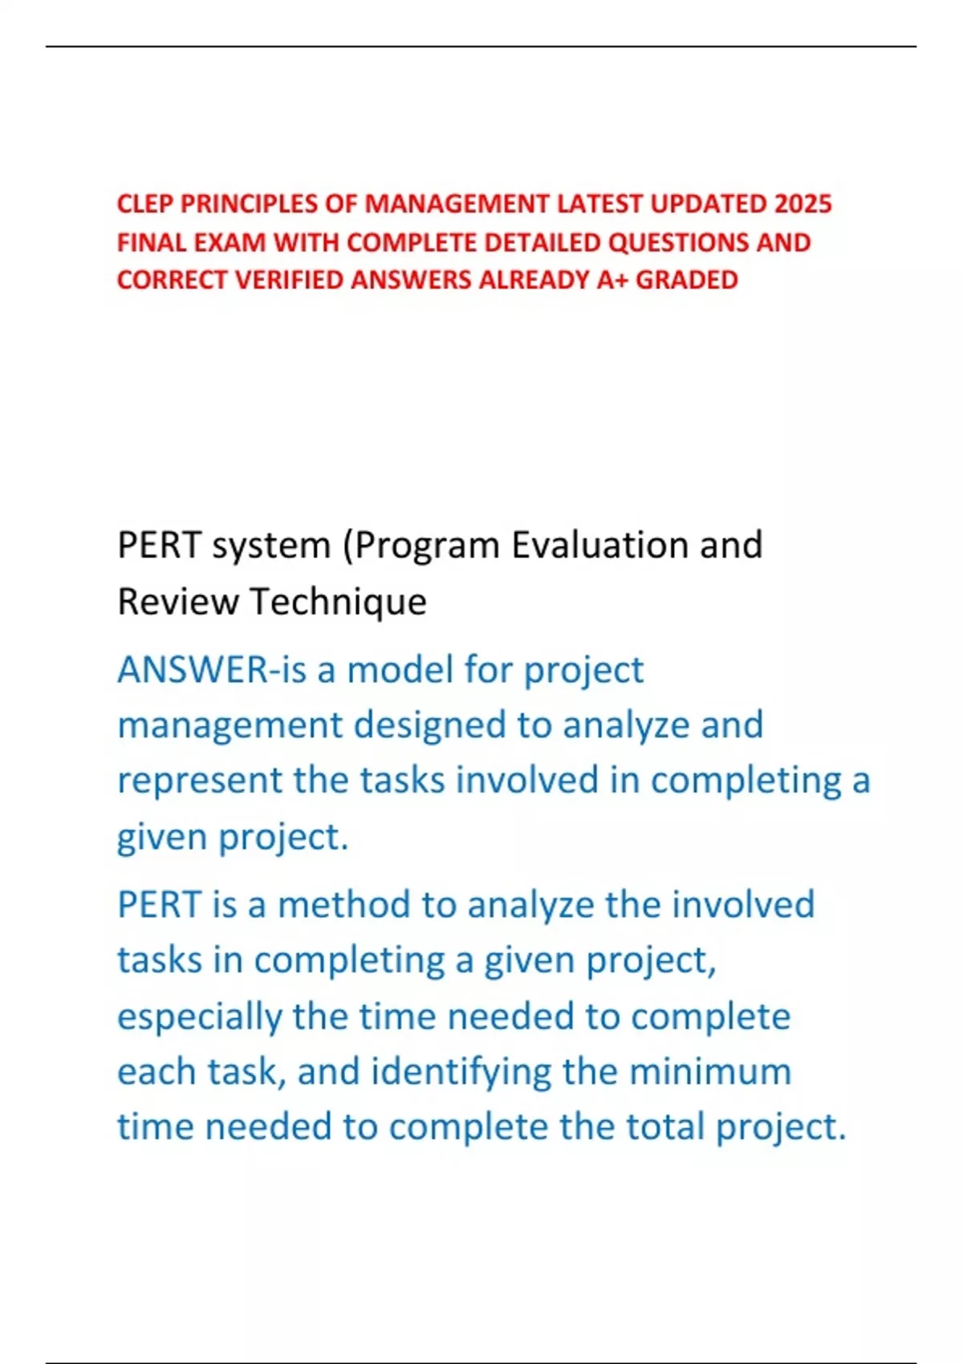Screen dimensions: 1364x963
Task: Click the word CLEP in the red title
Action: pyautogui.click(x=145, y=204)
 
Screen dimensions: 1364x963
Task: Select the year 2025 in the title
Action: pyautogui.click(x=802, y=204)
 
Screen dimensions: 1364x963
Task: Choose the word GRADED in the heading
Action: pyautogui.click(x=686, y=280)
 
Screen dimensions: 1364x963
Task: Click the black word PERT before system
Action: pyautogui.click(x=159, y=546)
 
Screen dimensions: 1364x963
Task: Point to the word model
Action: pyautogui.click(x=400, y=670)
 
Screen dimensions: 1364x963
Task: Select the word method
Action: pyautogui.click(x=343, y=905)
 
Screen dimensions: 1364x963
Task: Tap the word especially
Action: pyautogui.click(x=200, y=1017)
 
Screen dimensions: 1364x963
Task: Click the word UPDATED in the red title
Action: pyautogui.click(x=707, y=204)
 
